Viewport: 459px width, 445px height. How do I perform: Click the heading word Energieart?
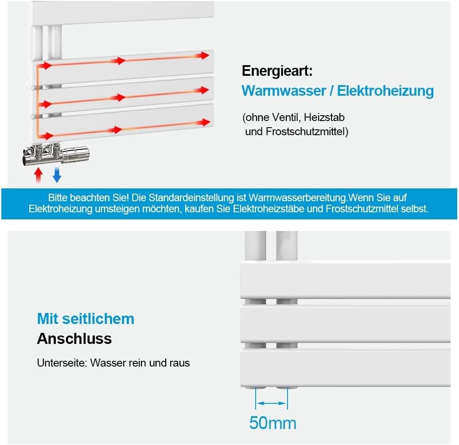click(x=277, y=71)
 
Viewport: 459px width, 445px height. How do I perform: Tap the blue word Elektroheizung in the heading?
click(x=385, y=91)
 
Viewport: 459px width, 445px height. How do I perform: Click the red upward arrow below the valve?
click(x=39, y=175)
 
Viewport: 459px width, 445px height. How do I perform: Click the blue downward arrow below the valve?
click(x=57, y=175)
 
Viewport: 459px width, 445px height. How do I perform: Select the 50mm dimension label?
click(x=272, y=423)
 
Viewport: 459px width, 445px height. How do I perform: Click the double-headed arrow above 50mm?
click(x=271, y=403)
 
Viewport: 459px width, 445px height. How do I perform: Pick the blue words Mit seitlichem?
click(x=86, y=319)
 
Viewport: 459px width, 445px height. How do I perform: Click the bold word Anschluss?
click(x=74, y=339)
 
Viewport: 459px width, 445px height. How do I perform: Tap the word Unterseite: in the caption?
click(x=62, y=363)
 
